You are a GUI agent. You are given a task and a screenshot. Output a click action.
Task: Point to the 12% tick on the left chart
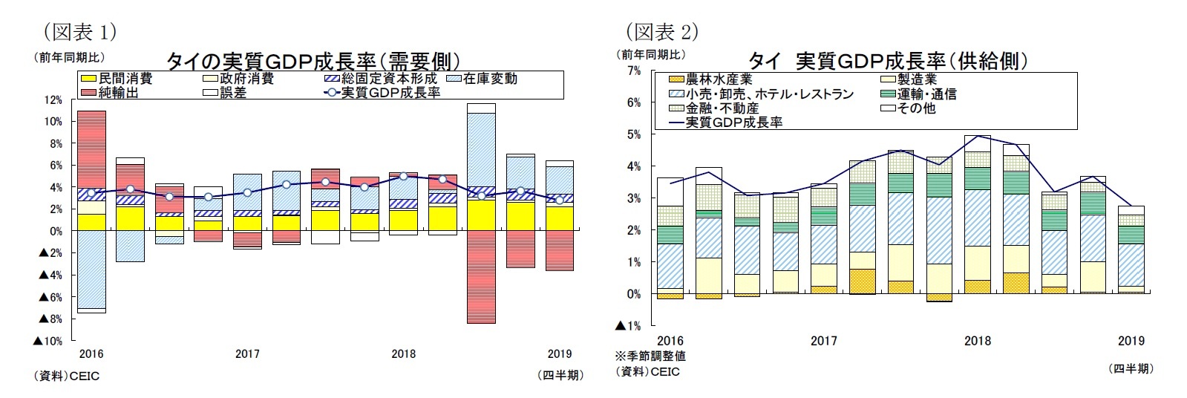point(53,99)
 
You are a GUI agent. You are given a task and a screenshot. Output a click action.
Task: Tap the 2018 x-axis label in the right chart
point(977,341)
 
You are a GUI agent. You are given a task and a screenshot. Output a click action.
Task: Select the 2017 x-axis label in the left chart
point(247,354)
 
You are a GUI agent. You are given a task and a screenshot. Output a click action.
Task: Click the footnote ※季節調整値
point(650,356)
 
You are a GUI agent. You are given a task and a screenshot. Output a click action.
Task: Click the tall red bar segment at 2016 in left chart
point(91,149)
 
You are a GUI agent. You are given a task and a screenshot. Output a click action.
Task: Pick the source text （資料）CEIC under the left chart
point(67,376)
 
